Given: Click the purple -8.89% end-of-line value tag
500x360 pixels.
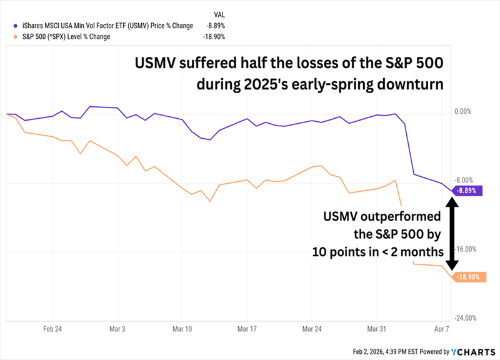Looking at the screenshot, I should coord(469,191).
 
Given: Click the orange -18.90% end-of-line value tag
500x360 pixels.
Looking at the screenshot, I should coord(469,277).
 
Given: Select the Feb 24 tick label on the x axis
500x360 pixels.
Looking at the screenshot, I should coord(52,328).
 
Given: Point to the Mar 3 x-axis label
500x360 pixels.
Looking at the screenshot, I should coord(117,328).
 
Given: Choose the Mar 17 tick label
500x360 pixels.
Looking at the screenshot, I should coord(247,328).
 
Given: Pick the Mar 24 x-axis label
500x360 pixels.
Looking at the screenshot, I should coord(312,328).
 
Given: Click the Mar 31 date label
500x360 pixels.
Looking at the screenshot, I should coord(376,328).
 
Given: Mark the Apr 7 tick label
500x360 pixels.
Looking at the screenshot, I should coord(441,328).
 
